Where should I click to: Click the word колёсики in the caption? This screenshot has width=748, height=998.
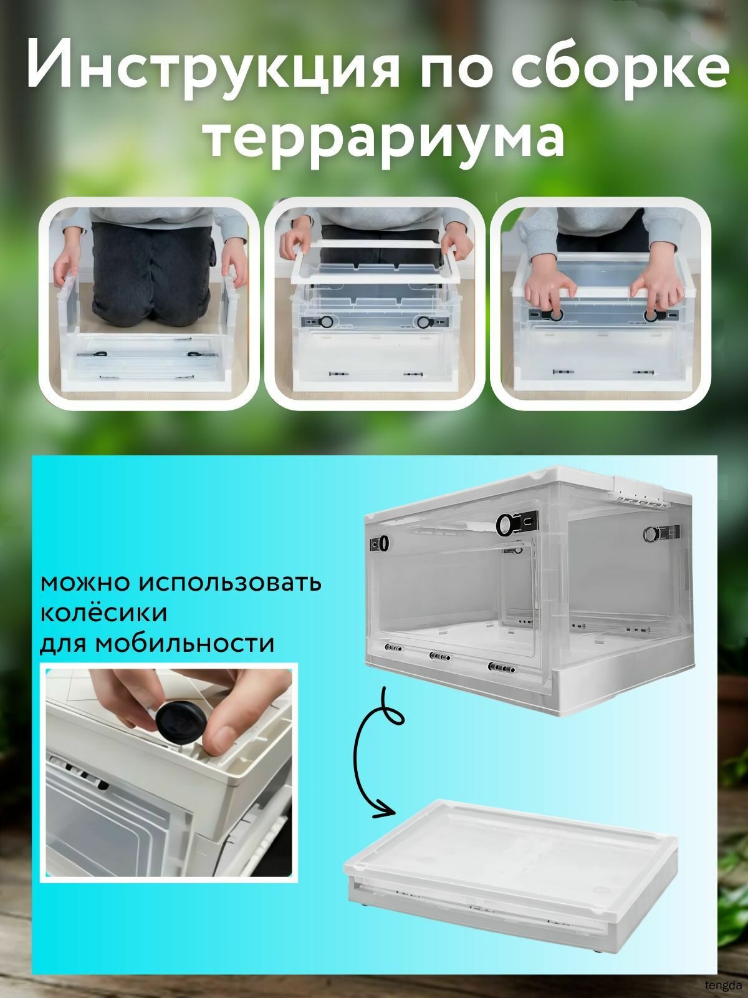pyautogui.click(x=103, y=613)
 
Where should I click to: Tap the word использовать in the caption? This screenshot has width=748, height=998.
pyautogui.click(x=230, y=583)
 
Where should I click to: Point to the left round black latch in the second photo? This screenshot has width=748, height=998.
pyautogui.click(x=325, y=322)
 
